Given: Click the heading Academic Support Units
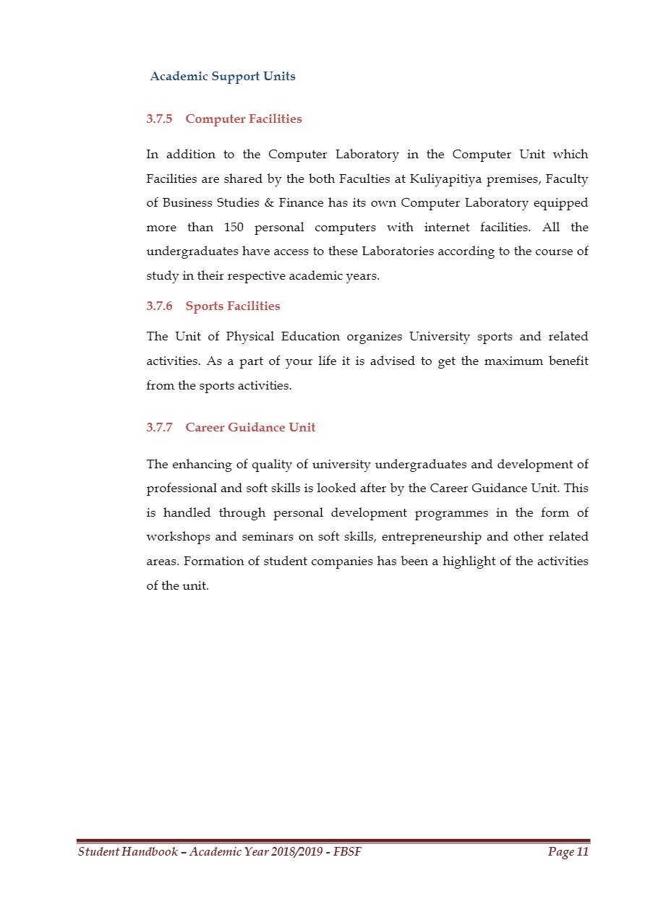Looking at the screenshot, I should [223, 76].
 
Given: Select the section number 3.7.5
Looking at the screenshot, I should [159, 119].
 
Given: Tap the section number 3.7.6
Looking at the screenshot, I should [159, 306].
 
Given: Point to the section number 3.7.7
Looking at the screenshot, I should [159, 427].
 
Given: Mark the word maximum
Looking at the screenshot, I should [505, 361].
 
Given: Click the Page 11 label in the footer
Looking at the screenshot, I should [568, 853].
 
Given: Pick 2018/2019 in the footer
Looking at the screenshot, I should [295, 853].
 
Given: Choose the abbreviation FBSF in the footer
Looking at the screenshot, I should [347, 853].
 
